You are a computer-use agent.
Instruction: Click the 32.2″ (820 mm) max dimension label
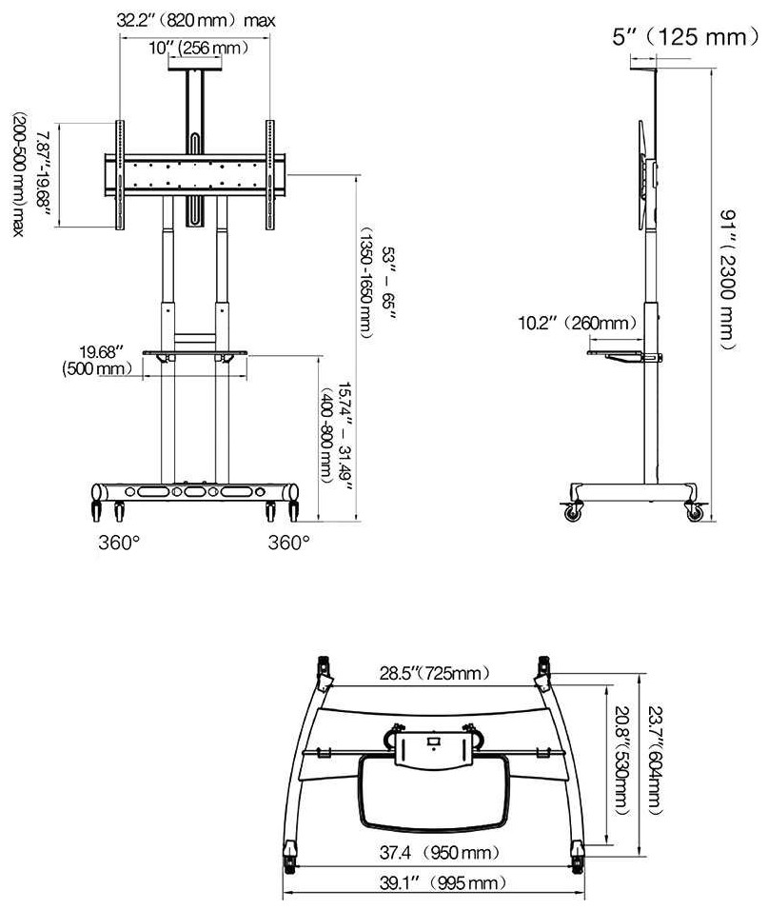[x=195, y=21]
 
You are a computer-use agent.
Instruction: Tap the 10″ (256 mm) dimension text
[x=198, y=48]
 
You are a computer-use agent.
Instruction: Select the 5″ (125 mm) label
[x=685, y=37]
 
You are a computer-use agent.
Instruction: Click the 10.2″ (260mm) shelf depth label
[x=577, y=323]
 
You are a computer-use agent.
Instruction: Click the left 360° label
[x=119, y=543]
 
